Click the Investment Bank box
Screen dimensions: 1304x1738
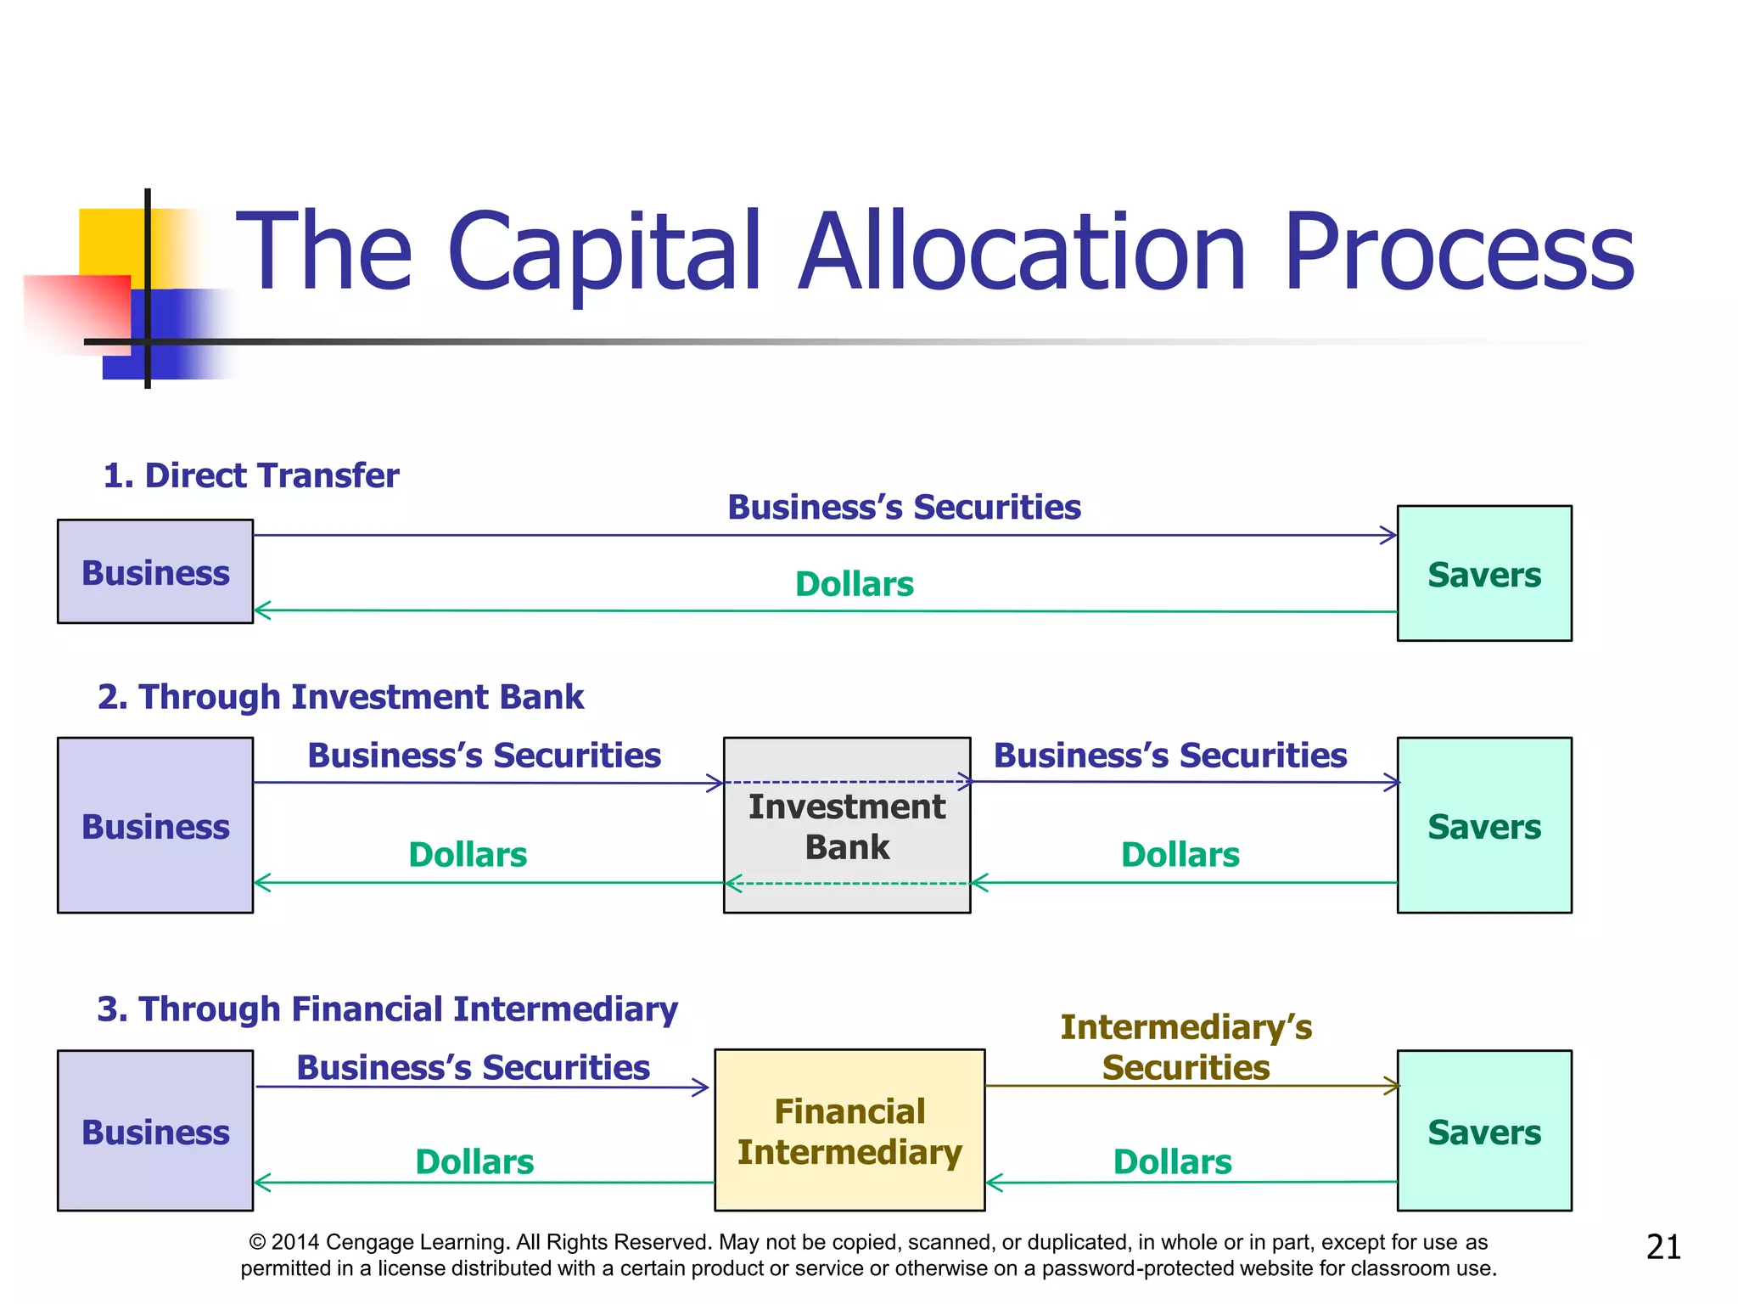click(846, 825)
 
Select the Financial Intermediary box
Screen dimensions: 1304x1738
click(849, 1131)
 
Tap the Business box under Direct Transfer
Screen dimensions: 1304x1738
click(155, 571)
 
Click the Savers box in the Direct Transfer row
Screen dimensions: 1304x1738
click(1483, 574)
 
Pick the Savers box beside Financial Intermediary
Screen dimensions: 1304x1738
click(1483, 1131)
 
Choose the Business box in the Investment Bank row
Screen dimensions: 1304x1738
click(155, 825)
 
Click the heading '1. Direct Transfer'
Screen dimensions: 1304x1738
click(250, 475)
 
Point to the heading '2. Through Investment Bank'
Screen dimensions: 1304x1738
click(340, 697)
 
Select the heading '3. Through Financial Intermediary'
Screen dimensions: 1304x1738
click(387, 1009)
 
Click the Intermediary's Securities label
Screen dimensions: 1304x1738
click(1186, 1047)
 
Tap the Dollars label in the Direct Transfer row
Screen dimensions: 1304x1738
click(854, 584)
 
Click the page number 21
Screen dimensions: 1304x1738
click(1662, 1247)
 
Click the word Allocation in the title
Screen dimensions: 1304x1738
click(1022, 252)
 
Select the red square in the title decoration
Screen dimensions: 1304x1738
click(76, 310)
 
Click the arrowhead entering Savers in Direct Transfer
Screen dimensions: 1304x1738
click(1389, 535)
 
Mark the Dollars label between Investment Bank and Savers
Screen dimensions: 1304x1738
click(1180, 855)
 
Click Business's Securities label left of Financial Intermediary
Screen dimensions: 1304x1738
click(473, 1067)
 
